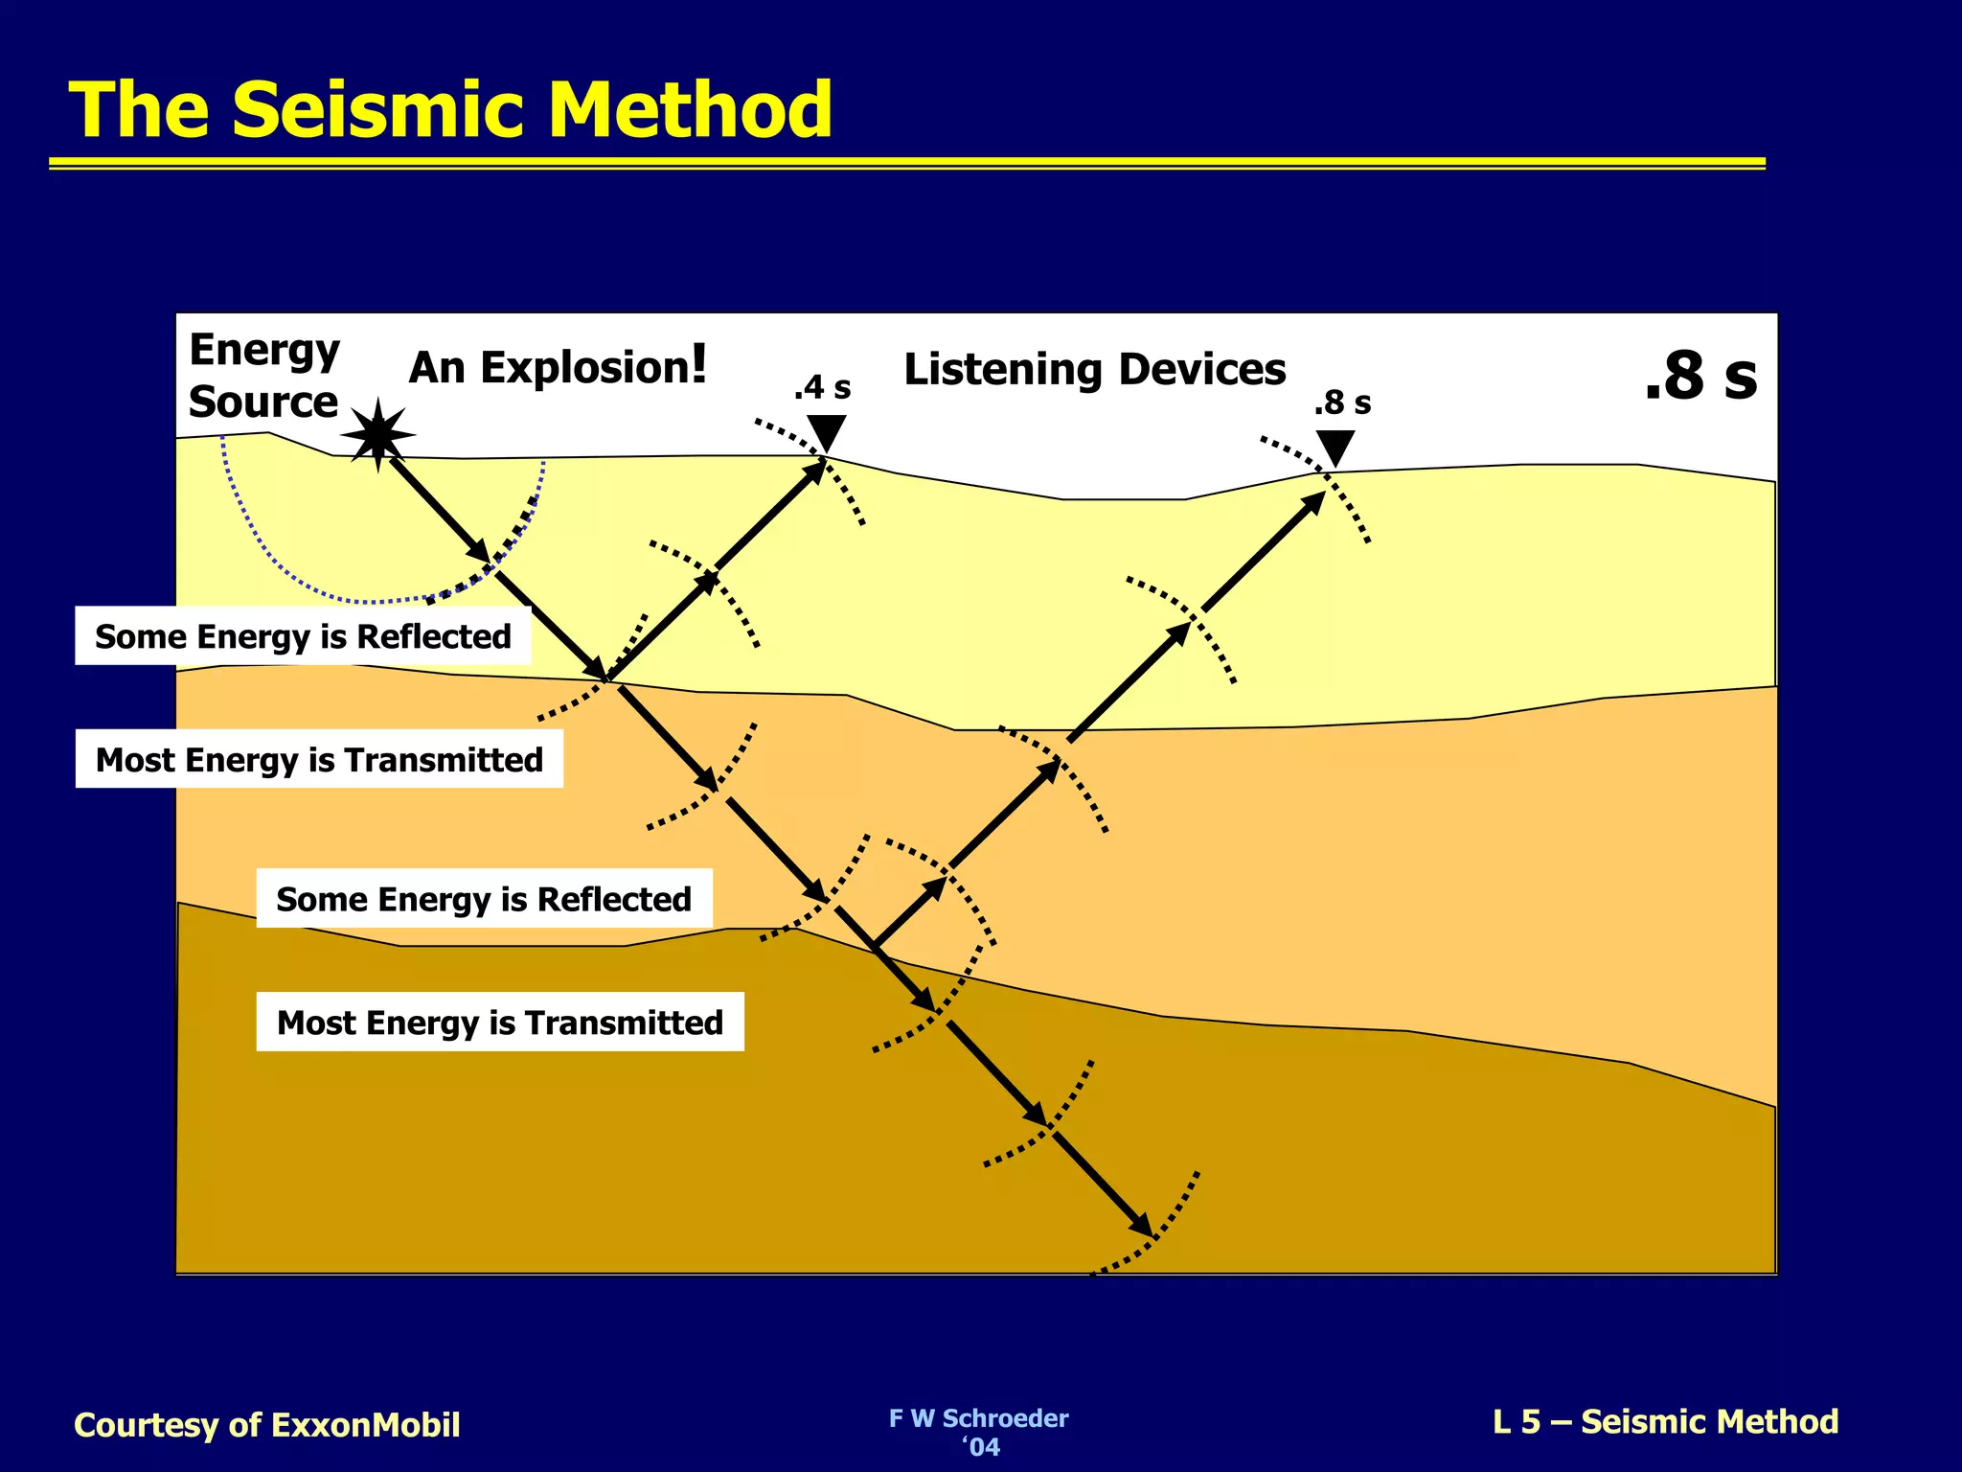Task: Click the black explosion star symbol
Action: click(378, 434)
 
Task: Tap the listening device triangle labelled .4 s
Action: click(826, 430)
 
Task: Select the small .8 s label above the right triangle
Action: click(1342, 403)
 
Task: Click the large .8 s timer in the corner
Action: click(1700, 376)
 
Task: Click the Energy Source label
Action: click(263, 376)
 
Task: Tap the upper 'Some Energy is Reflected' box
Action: click(303, 636)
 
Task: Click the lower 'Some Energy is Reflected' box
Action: click(484, 899)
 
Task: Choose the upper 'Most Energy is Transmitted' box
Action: click(319, 760)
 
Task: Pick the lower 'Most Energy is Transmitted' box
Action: click(500, 1023)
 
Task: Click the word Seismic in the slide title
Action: click(381, 109)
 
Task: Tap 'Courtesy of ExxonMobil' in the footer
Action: click(267, 1425)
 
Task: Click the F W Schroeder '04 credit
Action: click(978, 1432)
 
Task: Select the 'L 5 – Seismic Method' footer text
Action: click(1665, 1422)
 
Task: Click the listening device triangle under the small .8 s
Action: click(1335, 446)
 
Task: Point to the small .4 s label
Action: click(822, 388)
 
